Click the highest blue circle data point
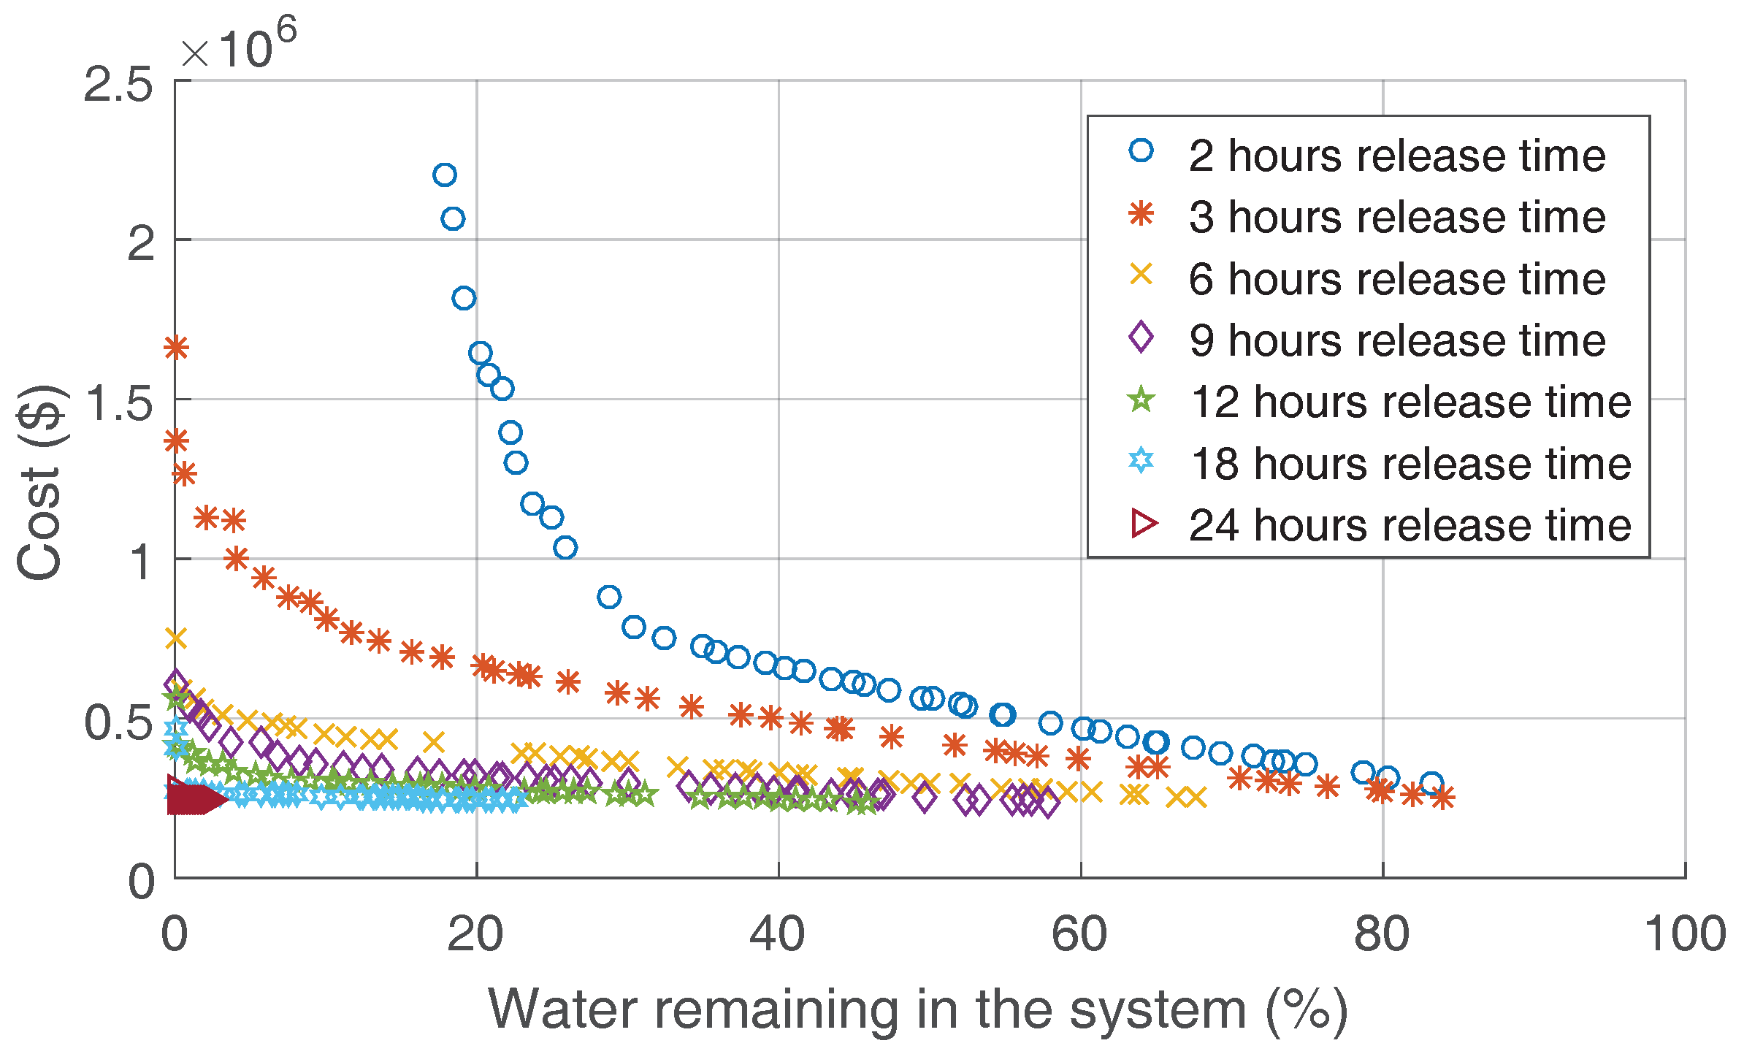(x=444, y=175)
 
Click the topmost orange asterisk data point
(x=176, y=348)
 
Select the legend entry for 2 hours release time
(x=1396, y=156)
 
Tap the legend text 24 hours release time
(x=1410, y=525)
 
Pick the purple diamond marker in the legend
(x=1141, y=337)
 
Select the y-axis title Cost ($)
(x=40, y=482)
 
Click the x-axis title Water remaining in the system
(x=917, y=1009)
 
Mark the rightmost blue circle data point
(x=1431, y=784)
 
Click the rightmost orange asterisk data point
(x=1442, y=797)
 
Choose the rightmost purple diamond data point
(x=1048, y=805)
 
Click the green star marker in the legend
(x=1141, y=400)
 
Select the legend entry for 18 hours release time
(x=1410, y=464)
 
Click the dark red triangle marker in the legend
(x=1143, y=523)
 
